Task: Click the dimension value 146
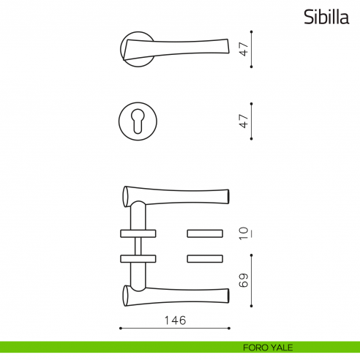176,320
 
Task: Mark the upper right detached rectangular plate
205,233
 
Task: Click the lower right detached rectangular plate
205,258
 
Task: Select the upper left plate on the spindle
137,233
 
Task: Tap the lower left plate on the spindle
137,258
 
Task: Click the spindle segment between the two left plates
137,246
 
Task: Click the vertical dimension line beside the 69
252,281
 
